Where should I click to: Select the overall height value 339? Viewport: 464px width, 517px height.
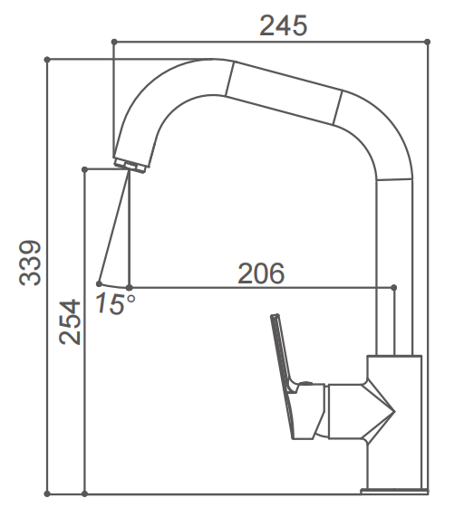(31, 263)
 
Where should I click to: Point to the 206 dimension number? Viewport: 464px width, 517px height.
(261, 273)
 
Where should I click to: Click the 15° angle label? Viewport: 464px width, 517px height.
(114, 304)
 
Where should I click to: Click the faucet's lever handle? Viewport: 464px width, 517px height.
(283, 353)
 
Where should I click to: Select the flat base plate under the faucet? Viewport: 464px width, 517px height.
(393, 492)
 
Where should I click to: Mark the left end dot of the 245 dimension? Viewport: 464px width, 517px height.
(113, 41)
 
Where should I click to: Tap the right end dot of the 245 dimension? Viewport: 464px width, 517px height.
(427, 41)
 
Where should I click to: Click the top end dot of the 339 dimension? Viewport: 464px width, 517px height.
(47, 60)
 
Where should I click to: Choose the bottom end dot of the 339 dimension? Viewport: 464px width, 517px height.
(47, 494)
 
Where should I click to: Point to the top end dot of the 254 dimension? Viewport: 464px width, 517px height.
(84, 169)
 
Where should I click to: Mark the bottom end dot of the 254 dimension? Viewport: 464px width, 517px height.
(84, 494)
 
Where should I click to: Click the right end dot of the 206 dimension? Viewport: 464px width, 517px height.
(393, 287)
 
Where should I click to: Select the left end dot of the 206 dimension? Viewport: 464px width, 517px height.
(129, 287)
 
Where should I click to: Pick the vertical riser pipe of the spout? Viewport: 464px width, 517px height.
(394, 272)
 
